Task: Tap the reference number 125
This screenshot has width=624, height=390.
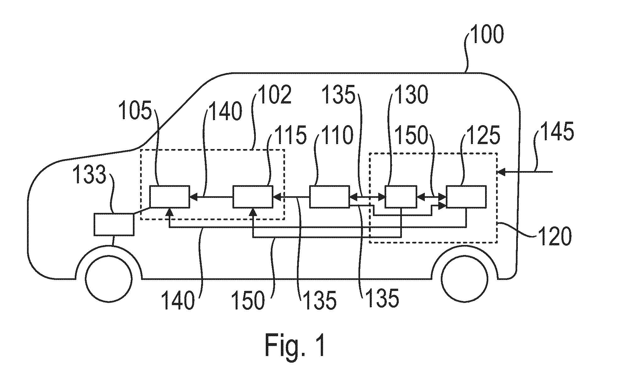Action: pyautogui.click(x=483, y=135)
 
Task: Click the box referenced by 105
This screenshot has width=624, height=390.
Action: pyautogui.click(x=170, y=197)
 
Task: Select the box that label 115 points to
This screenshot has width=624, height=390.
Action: pyautogui.click(x=253, y=197)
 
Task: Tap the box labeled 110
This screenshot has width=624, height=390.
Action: pyautogui.click(x=330, y=197)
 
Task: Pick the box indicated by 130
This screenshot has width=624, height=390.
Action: pyautogui.click(x=401, y=197)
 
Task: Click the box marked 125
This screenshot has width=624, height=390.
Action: pyautogui.click(x=466, y=197)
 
